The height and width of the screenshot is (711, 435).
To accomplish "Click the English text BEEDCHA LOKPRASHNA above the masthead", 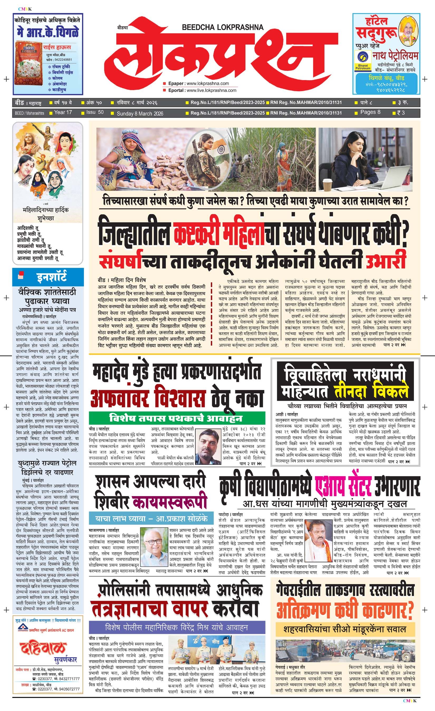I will click(223, 27).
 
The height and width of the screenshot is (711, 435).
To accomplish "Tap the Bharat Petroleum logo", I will click(363, 61).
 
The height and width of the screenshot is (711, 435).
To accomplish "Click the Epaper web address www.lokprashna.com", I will click(208, 83).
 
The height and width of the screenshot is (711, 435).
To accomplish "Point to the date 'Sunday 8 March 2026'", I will click(140, 113).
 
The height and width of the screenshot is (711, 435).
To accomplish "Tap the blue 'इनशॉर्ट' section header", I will click(52, 276).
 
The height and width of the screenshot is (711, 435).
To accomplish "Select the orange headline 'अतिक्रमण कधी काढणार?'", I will click(345, 611).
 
